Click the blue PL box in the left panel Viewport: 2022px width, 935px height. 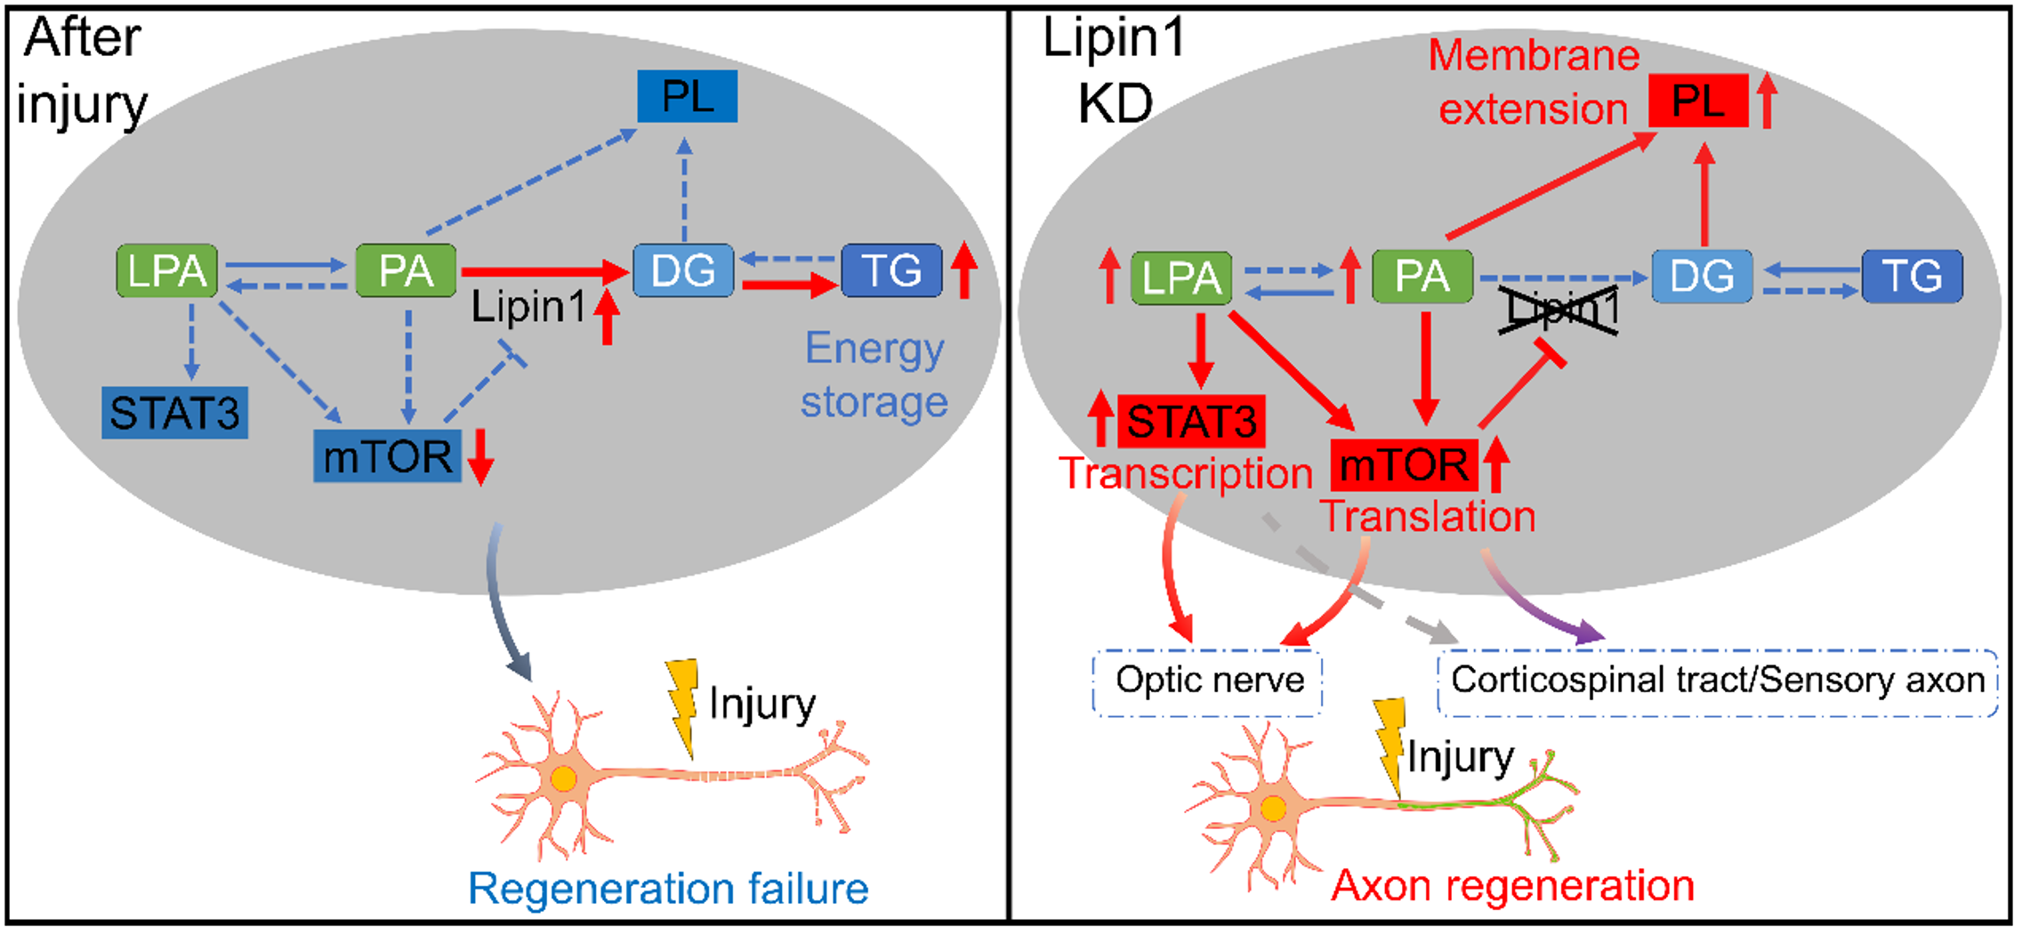(x=687, y=97)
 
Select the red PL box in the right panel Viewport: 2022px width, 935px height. (x=1697, y=101)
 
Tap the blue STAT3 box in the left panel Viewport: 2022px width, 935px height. (x=174, y=413)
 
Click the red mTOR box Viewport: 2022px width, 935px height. (x=1404, y=464)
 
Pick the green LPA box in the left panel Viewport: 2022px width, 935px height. (x=167, y=270)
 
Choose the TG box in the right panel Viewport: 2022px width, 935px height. (x=1912, y=277)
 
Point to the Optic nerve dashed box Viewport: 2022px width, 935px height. (x=1207, y=681)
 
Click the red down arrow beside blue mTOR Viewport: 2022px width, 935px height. (x=480, y=456)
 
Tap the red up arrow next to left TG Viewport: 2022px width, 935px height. (x=963, y=270)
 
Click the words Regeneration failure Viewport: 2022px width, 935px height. (x=667, y=888)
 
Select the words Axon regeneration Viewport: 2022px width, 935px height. (x=1512, y=886)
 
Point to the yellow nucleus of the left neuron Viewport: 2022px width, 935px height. (x=563, y=779)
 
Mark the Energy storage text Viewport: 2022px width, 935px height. (x=874, y=375)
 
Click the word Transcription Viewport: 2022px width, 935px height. (x=1186, y=473)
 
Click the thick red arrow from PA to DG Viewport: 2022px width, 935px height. (x=543, y=270)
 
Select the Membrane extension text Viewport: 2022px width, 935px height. (x=1534, y=83)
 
